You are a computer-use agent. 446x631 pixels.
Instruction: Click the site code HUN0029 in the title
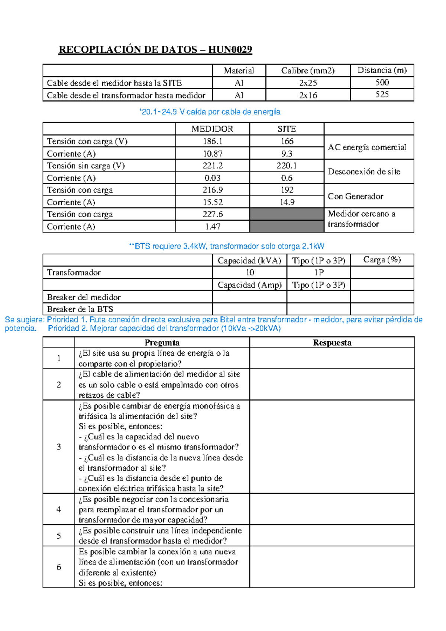pyautogui.click(x=230, y=49)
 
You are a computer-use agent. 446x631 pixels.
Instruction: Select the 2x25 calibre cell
pyautogui.click(x=308, y=83)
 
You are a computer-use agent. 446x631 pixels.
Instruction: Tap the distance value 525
pyautogui.click(x=382, y=95)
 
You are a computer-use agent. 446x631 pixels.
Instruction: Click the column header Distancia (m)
pyautogui.click(x=382, y=70)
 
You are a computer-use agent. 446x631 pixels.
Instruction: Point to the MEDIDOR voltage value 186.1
pyautogui.click(x=212, y=141)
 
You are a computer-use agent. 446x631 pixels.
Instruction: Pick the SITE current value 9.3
pyautogui.click(x=287, y=154)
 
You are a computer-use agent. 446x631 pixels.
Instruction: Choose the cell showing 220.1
pyautogui.click(x=287, y=166)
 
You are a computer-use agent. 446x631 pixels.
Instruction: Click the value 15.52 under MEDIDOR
pyautogui.click(x=212, y=202)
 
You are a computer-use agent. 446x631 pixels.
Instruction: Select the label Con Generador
pyautogui.click(x=355, y=196)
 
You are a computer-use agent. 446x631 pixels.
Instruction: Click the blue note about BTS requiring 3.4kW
pyautogui.click(x=226, y=246)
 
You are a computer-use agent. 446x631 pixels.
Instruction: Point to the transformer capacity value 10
pyautogui.click(x=250, y=273)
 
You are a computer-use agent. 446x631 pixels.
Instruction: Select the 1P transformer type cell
pyautogui.click(x=319, y=273)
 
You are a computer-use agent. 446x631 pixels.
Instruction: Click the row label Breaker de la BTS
pyautogui.click(x=80, y=309)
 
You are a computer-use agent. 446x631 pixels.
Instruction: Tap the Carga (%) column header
pyautogui.click(x=382, y=260)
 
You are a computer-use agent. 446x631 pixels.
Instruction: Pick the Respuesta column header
pyautogui.click(x=332, y=343)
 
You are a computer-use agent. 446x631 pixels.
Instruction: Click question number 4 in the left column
pyautogui.click(x=59, y=509)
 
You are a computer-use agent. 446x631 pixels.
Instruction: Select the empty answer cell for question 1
pyautogui.click(x=332, y=358)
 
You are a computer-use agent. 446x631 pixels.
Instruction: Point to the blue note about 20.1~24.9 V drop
pyautogui.click(x=210, y=112)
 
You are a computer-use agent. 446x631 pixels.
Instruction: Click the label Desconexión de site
pyautogui.click(x=364, y=172)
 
